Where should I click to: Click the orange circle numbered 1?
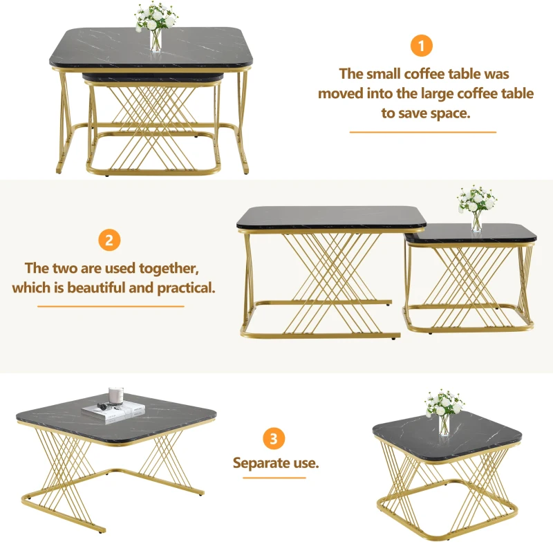(x=422, y=46)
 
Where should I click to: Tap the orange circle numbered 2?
(x=109, y=240)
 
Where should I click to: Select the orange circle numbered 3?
(x=274, y=438)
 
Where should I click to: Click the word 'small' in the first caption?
(x=384, y=74)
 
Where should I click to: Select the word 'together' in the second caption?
(x=169, y=269)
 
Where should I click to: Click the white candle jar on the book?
(x=115, y=395)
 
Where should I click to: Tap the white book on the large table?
(x=113, y=412)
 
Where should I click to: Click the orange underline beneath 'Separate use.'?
(x=274, y=478)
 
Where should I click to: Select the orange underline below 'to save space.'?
(x=423, y=132)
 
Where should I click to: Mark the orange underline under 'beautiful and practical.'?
(x=111, y=306)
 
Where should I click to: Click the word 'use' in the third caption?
(x=306, y=463)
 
